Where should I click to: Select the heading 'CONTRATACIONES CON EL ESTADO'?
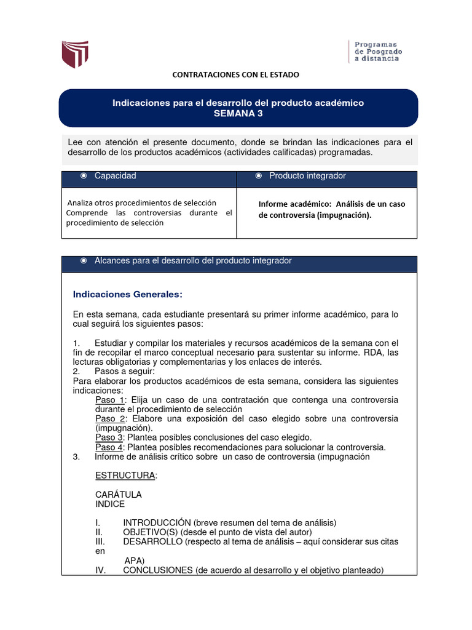point(235,74)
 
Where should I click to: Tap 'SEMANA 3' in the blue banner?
point(238,114)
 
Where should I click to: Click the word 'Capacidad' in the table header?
point(115,176)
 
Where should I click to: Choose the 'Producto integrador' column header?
point(307,176)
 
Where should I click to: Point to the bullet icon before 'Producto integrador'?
point(259,176)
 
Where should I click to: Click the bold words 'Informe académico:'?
point(291,204)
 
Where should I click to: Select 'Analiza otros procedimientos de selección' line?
point(141,202)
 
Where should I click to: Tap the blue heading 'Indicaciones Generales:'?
point(128,293)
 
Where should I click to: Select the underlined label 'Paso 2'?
point(108,418)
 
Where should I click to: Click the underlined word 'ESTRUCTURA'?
point(125,476)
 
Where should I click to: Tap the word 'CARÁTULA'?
point(119,495)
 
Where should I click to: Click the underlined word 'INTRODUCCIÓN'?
point(157,523)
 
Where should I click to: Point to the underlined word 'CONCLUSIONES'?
point(158,570)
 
